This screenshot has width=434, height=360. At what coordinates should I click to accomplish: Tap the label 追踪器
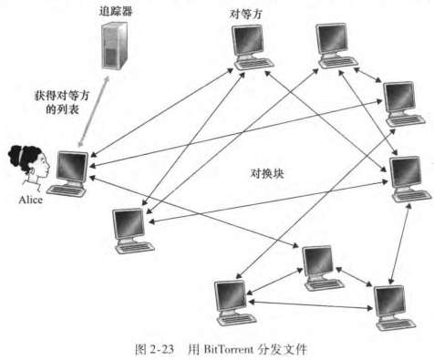116,11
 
